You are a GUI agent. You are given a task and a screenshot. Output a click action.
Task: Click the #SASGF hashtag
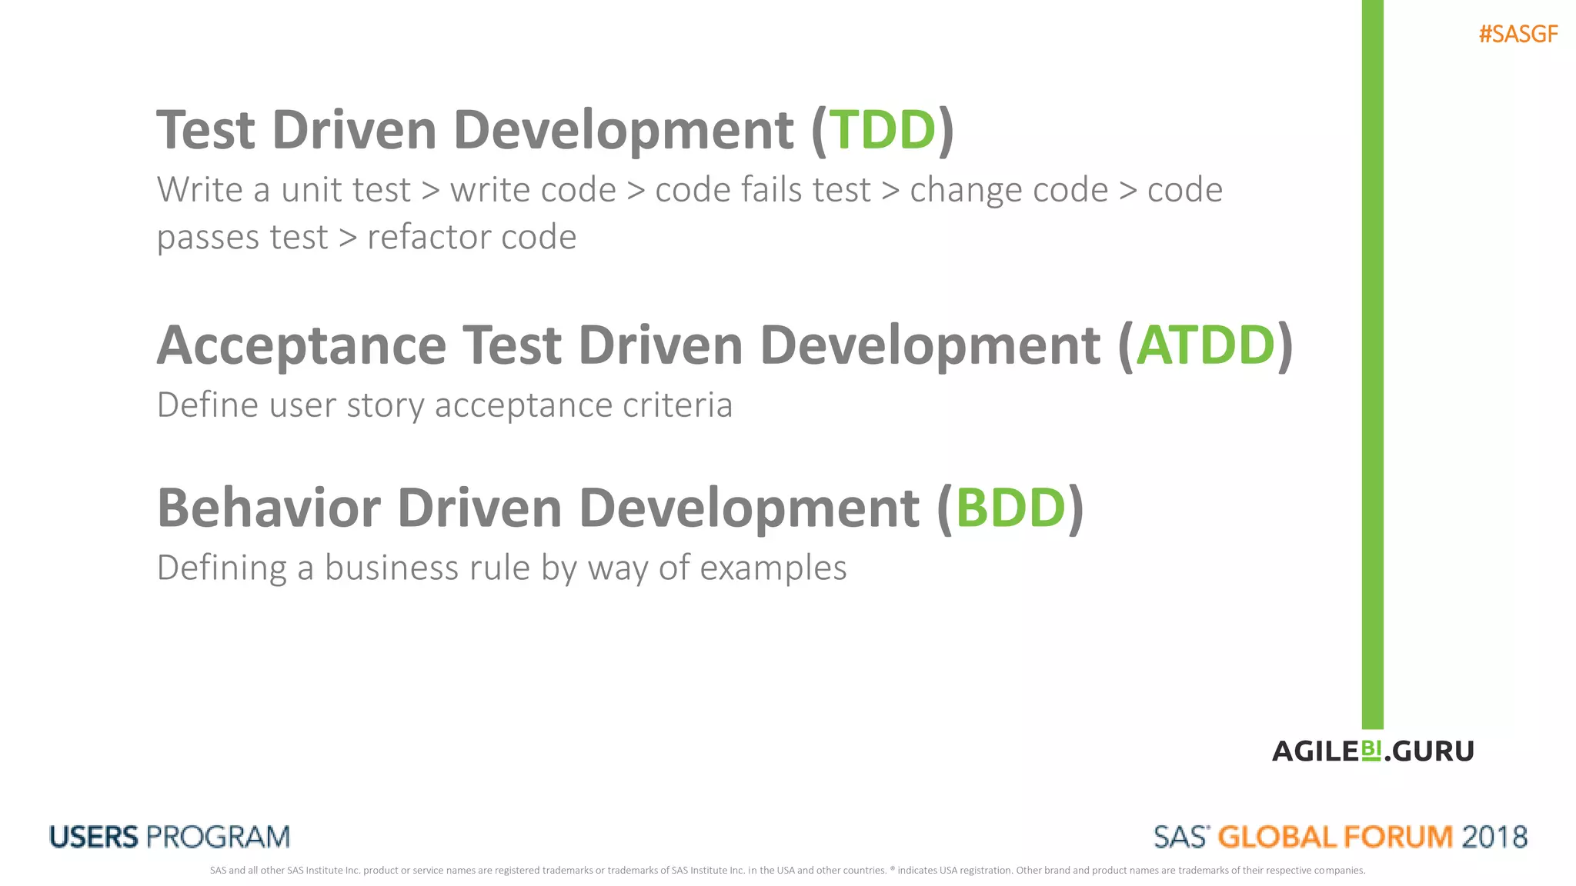pos(1518,35)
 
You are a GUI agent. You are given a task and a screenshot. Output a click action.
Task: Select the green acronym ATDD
pos(1205,345)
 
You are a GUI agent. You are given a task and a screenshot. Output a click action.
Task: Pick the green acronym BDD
pos(1010,508)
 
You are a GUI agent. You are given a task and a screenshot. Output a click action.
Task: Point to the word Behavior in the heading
pos(269,508)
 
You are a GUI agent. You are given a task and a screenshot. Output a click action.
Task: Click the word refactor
pos(428,237)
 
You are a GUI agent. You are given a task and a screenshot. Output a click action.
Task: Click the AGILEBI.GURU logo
pos(1373,751)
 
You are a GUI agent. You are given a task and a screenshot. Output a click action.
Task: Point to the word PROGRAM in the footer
pos(219,837)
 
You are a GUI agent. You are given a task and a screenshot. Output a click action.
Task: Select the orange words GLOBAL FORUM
pos(1335,837)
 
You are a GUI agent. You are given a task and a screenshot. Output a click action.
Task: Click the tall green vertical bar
pos(1372,361)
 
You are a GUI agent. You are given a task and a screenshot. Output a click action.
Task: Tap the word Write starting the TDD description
pos(199,189)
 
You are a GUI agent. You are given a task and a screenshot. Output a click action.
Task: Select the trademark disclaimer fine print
pos(787,871)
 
